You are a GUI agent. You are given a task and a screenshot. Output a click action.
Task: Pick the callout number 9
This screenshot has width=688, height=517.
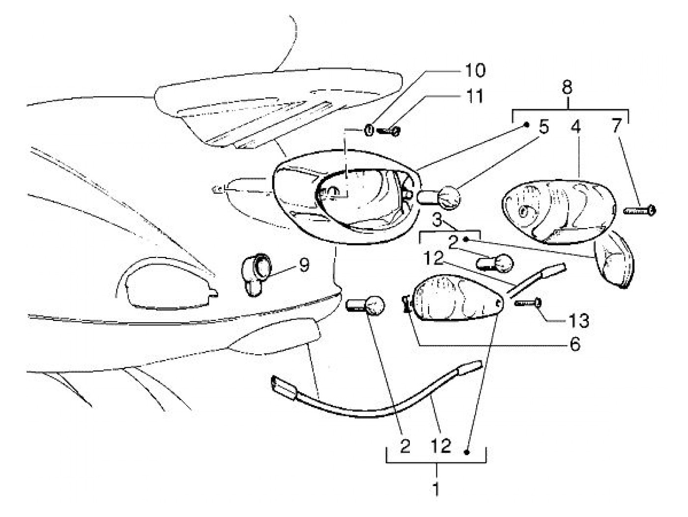[304, 266]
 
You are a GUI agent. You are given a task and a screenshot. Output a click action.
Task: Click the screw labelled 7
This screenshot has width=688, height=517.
[640, 211]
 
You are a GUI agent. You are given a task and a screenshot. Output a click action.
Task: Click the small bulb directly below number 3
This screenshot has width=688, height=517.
[495, 261]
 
